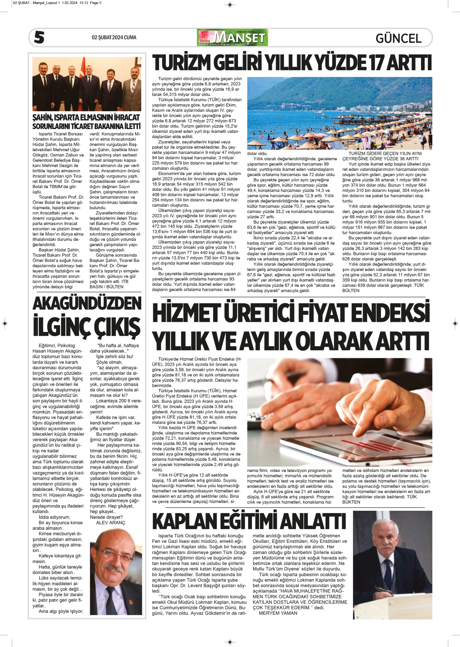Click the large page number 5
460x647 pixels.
39,37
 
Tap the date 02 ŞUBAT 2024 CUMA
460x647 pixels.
114,37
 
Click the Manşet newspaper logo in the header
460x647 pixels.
232,37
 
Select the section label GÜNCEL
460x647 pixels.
398,38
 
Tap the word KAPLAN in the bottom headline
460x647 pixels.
184,521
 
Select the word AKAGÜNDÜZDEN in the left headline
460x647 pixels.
87,304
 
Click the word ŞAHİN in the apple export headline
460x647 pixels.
42,118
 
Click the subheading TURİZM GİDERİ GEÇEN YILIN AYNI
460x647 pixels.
385,154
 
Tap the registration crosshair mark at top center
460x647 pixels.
230,5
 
